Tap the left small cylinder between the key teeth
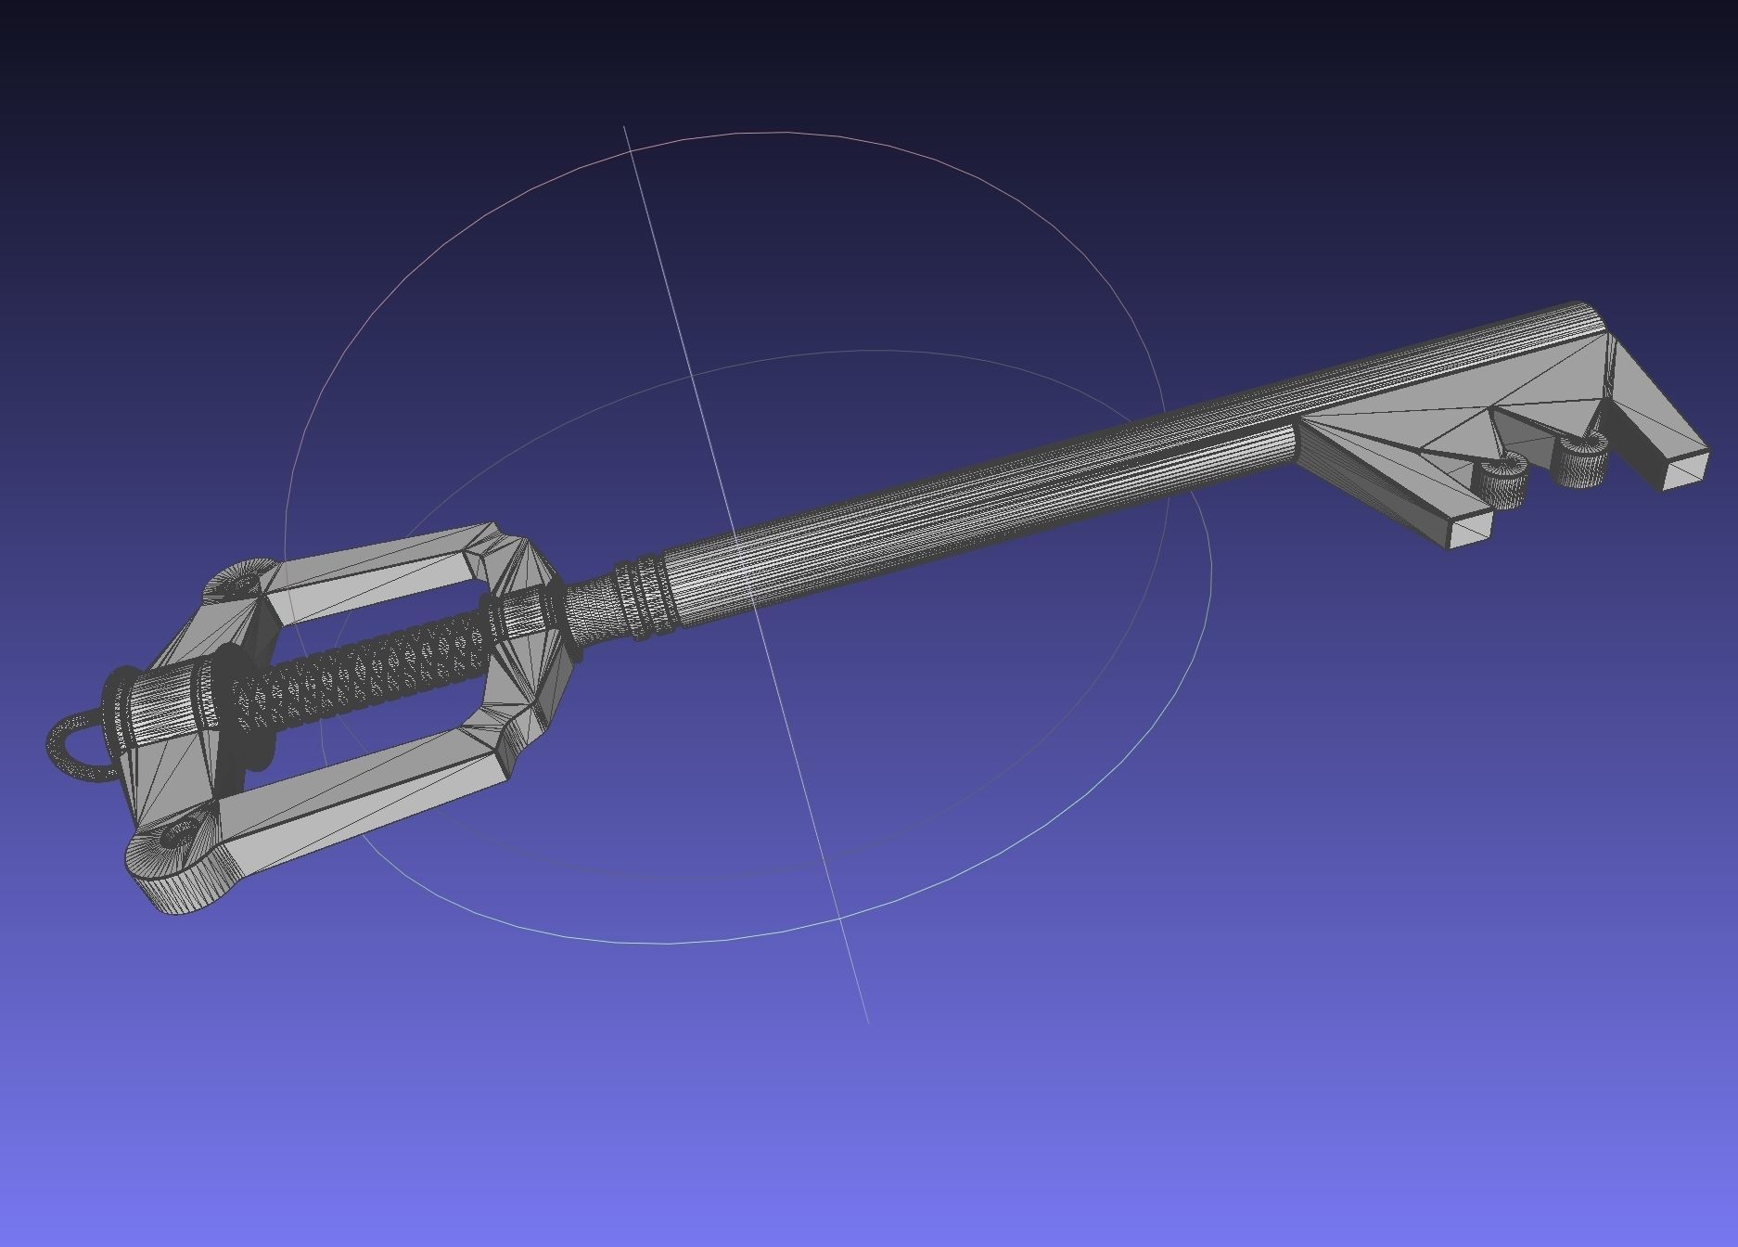(x=1501, y=482)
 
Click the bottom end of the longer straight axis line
(x=867, y=1022)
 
